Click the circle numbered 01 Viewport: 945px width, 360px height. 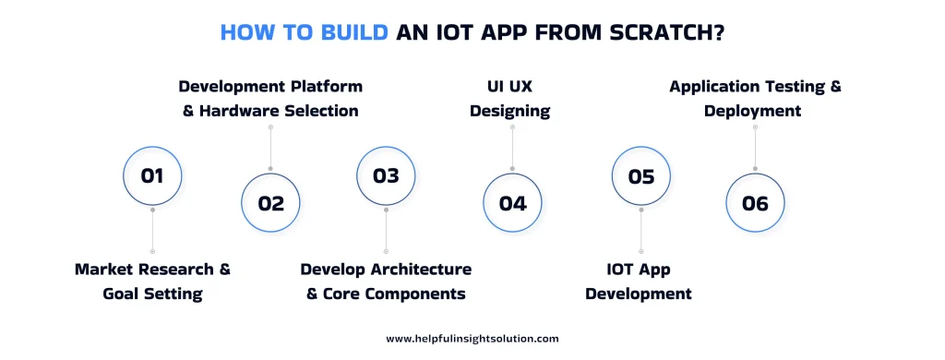pos(152,175)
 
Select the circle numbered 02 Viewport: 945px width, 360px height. pos(270,203)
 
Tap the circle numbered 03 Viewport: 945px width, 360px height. pos(386,175)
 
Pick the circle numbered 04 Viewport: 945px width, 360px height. pos(512,203)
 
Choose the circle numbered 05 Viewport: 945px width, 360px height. pos(640,175)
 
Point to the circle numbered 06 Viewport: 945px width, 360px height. pos(755,203)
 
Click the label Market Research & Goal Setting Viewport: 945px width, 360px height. pos(152,282)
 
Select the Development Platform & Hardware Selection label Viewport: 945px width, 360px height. pos(270,99)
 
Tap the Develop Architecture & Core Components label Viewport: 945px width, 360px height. pos(386,282)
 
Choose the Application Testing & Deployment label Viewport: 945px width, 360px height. pos(755,99)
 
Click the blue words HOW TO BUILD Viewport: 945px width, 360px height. pos(304,33)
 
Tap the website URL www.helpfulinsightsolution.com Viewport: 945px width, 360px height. pos(472,339)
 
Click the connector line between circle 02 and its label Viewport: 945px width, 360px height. pos(270,148)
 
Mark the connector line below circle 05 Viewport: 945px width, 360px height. pos(640,229)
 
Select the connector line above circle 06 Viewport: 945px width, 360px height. pos(755,148)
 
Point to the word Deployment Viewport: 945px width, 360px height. pos(752,111)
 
